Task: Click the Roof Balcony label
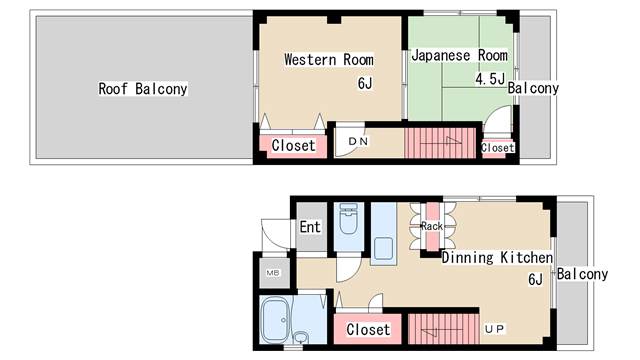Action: point(143,89)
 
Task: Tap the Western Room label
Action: point(329,60)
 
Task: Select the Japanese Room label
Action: point(460,55)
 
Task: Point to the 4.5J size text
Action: point(490,78)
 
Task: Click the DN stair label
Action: point(358,141)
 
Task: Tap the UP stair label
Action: point(495,329)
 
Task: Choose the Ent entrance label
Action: point(310,227)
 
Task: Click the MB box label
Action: point(273,273)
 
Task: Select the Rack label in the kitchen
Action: point(432,226)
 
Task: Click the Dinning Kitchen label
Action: point(498,257)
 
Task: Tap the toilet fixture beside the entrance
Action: point(348,219)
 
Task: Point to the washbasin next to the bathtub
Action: point(301,338)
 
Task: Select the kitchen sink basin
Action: point(383,249)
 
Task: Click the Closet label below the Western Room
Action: point(293,145)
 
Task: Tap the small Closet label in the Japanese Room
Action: point(498,148)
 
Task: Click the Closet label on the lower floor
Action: point(368,329)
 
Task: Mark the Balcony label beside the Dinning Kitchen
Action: point(582,274)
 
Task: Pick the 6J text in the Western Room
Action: point(365,83)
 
